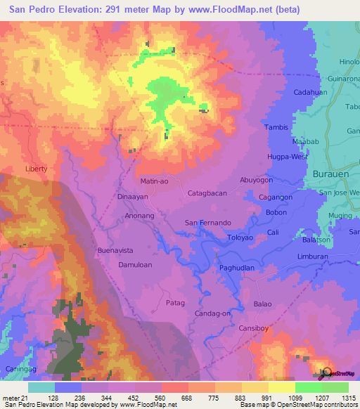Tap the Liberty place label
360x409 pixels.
pyautogui.click(x=36, y=169)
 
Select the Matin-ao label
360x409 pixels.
pyautogui.click(x=155, y=181)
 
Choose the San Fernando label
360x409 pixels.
pyautogui.click(x=208, y=223)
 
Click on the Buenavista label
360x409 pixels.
pyautogui.click(x=115, y=250)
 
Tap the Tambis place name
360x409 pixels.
pyautogui.click(x=276, y=127)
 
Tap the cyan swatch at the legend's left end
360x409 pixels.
pyautogui.click(x=41, y=387)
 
